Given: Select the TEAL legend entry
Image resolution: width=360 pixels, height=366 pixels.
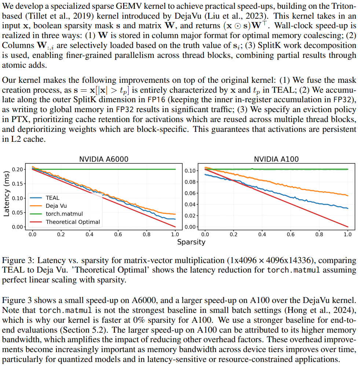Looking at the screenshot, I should (52, 198).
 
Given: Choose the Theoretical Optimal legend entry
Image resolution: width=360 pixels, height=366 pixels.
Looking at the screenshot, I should (73, 222).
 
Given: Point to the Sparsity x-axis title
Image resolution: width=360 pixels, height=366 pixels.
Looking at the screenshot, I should (191, 242).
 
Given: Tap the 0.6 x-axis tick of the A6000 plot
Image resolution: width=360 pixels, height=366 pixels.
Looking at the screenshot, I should (118, 234).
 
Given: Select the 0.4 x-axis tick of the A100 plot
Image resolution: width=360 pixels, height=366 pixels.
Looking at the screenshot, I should (262, 234).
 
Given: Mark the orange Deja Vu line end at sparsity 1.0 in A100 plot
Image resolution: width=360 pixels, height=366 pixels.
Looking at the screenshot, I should (347, 196).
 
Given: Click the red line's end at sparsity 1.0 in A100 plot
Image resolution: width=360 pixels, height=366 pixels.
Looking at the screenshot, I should (347, 226).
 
